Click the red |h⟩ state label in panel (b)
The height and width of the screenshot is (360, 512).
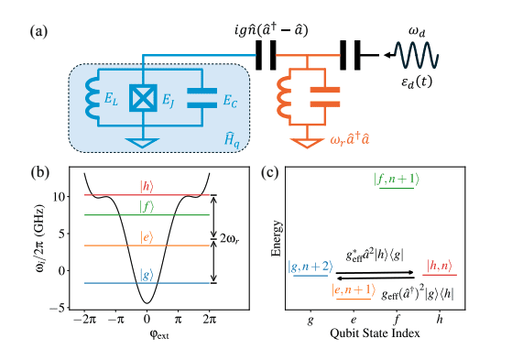[147, 187]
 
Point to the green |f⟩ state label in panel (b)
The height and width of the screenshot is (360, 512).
[147, 208]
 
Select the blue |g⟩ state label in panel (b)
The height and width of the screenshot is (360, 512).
[147, 275]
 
